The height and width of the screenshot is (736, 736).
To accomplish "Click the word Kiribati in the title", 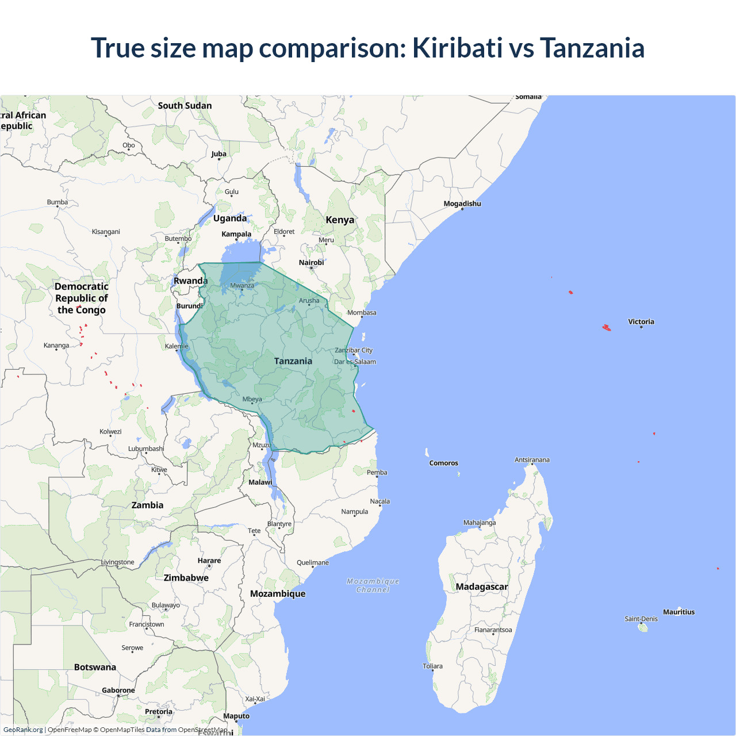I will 457,48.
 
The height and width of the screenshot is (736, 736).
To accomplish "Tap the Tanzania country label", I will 293,361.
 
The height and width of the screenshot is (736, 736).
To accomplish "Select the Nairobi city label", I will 312,263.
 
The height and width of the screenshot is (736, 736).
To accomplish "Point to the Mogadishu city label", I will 462,204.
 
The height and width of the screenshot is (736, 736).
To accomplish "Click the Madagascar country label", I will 482,586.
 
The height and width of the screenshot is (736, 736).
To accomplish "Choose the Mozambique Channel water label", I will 373,585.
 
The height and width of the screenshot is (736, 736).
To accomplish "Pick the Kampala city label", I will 236,234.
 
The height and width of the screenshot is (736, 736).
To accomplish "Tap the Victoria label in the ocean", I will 641,322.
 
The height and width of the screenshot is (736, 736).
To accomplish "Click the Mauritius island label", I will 678,612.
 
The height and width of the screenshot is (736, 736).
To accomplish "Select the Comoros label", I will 444,463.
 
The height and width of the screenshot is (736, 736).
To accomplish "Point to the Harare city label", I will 209,561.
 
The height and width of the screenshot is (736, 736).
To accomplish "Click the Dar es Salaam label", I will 355,362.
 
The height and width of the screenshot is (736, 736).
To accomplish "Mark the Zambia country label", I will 148,505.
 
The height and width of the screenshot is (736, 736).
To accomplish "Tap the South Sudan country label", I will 185,106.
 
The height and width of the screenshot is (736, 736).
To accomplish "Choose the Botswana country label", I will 95,667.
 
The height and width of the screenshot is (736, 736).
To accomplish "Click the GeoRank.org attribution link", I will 23,730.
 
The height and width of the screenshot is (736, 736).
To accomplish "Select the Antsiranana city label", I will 532,460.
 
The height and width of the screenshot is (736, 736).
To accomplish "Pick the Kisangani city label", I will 106,232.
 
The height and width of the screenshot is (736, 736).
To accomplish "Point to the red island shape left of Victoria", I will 606,328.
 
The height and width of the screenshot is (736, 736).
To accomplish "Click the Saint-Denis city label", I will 641,619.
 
